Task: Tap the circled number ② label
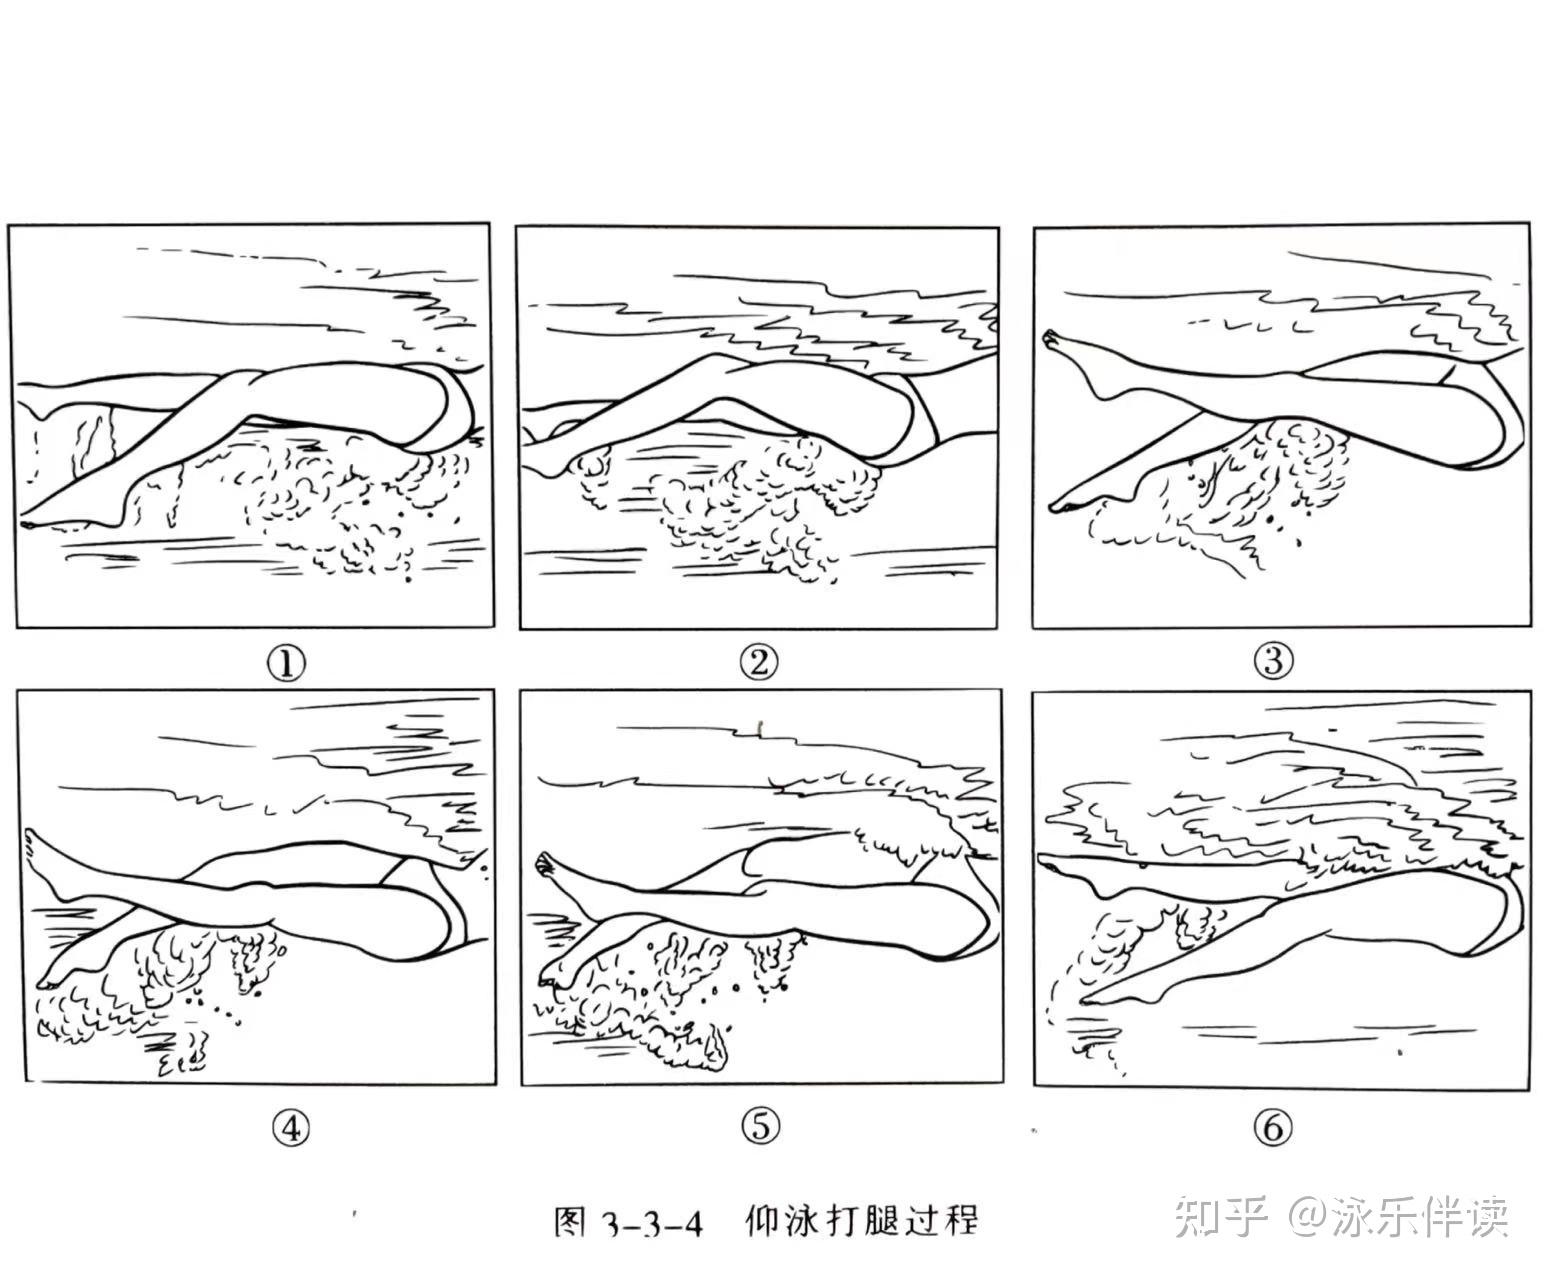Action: pyautogui.click(x=758, y=662)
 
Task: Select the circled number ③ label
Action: pyautogui.click(x=1273, y=660)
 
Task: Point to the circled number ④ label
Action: pyautogui.click(x=290, y=1129)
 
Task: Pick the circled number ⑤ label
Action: pyautogui.click(x=761, y=1126)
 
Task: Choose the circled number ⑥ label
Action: pyautogui.click(x=1273, y=1127)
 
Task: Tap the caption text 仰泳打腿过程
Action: pyautogui.click(x=861, y=1221)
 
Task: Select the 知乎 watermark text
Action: pyautogui.click(x=1221, y=1217)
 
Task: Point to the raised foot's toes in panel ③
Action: pyautogui.click(x=1051, y=339)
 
